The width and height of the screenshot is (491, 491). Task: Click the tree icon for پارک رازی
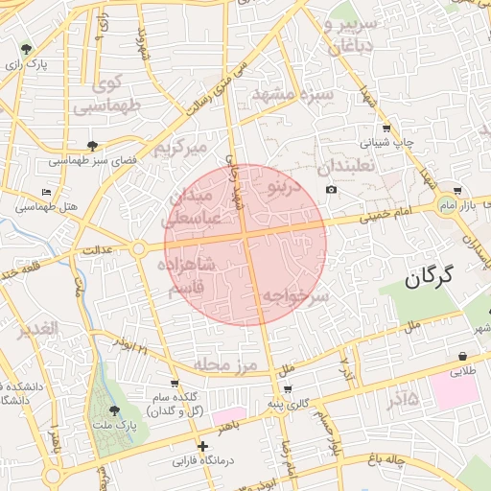26,49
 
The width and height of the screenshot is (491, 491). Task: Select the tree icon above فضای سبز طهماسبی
91,146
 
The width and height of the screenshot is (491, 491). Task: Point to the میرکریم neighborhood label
181,148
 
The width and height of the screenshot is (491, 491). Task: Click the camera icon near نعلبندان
332,189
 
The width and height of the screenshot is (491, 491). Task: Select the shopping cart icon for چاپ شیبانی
386,129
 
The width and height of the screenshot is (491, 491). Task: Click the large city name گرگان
440,279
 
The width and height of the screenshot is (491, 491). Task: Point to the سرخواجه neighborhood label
296,296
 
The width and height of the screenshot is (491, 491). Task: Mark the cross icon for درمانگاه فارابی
201,446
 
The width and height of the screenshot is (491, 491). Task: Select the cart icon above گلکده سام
174,383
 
